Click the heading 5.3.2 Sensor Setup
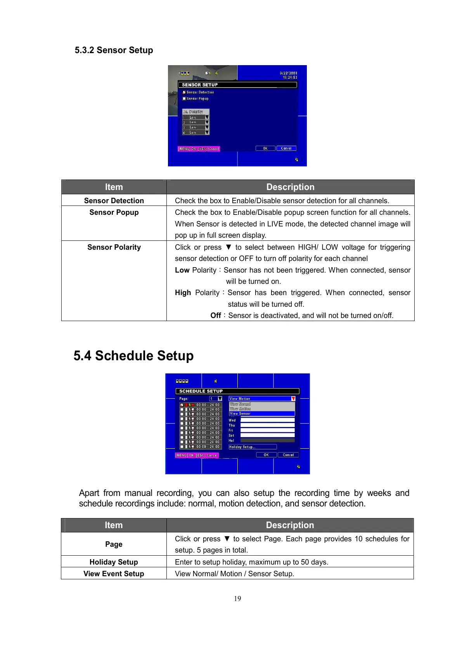[x=114, y=50]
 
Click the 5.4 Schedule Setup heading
[x=133, y=356]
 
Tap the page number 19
[x=237, y=598]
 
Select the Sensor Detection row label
[x=114, y=200]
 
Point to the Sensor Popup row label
[x=114, y=212]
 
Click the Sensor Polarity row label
[x=114, y=247]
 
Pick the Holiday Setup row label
[x=114, y=562]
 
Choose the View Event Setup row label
[x=114, y=574]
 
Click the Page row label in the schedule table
[x=114, y=544]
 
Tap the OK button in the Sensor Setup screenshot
[x=265, y=149]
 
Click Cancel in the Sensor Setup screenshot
[x=286, y=149]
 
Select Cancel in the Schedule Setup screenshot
[x=288, y=455]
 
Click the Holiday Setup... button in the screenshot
[x=252, y=447]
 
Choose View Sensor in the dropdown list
[x=241, y=414]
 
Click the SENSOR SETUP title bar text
[x=200, y=85]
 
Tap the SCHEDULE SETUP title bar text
[x=201, y=391]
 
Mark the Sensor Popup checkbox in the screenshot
[x=184, y=99]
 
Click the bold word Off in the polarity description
[x=216, y=315]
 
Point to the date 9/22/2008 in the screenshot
[x=288, y=73]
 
